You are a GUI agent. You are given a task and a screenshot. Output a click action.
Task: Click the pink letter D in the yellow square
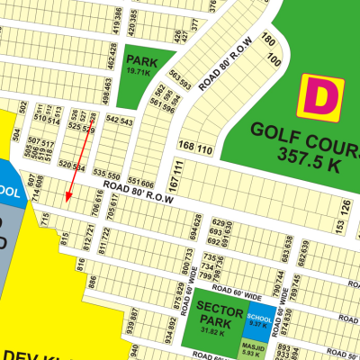320,95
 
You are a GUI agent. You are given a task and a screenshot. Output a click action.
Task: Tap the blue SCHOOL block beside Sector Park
258,322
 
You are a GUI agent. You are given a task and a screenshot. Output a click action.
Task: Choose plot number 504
15,135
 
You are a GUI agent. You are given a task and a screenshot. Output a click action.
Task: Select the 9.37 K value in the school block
258,328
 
